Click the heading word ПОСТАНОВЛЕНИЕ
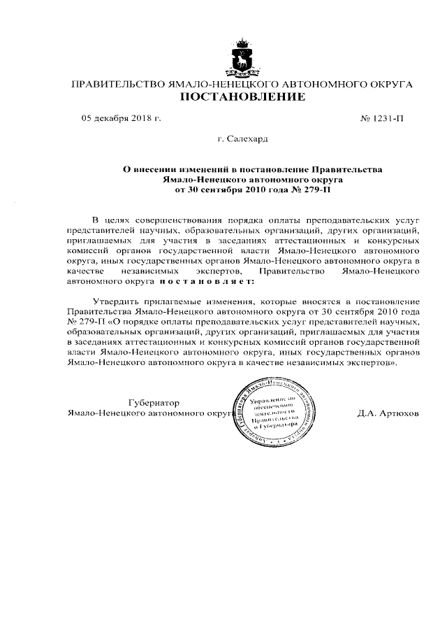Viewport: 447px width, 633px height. point(243,97)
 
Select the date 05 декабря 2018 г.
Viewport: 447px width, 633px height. point(122,119)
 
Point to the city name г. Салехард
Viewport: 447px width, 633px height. point(243,140)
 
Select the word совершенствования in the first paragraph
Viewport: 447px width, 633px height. point(180,220)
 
